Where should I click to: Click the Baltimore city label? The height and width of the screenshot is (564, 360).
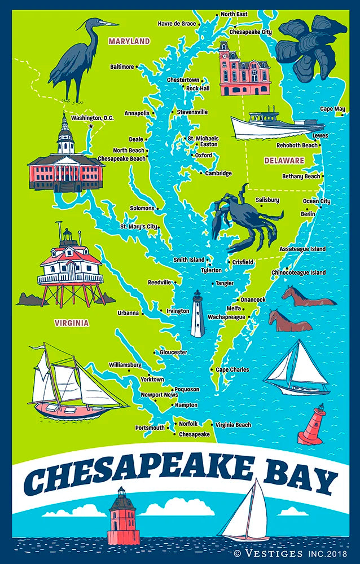point(122,67)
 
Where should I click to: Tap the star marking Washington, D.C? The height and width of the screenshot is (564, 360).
point(90,126)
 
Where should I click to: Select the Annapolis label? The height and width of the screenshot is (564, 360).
point(137,113)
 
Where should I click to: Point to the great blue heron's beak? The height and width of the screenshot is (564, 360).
point(109,24)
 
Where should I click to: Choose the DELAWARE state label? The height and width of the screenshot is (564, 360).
point(284,161)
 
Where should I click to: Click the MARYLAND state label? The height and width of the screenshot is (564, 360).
point(129,42)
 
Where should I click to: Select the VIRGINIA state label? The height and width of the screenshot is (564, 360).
point(72,323)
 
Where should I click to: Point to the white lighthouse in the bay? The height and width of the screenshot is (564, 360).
point(197,314)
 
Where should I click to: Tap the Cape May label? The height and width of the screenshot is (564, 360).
point(332,108)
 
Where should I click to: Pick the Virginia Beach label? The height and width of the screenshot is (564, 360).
point(233,425)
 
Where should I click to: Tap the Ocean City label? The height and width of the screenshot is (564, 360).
point(317,201)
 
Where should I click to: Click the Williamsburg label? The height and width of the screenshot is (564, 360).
point(125,365)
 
